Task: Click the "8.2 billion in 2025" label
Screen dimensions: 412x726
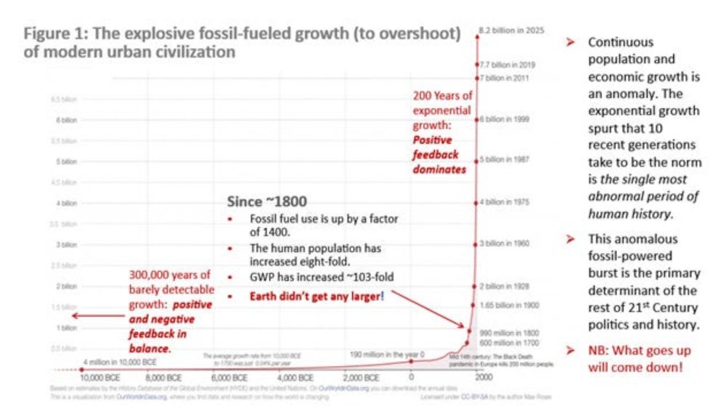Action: coord(511,31)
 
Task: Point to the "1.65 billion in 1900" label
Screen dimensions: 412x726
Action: coord(508,305)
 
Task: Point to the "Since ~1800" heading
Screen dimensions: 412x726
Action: coord(263,200)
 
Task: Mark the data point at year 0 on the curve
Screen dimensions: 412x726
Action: coord(411,360)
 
